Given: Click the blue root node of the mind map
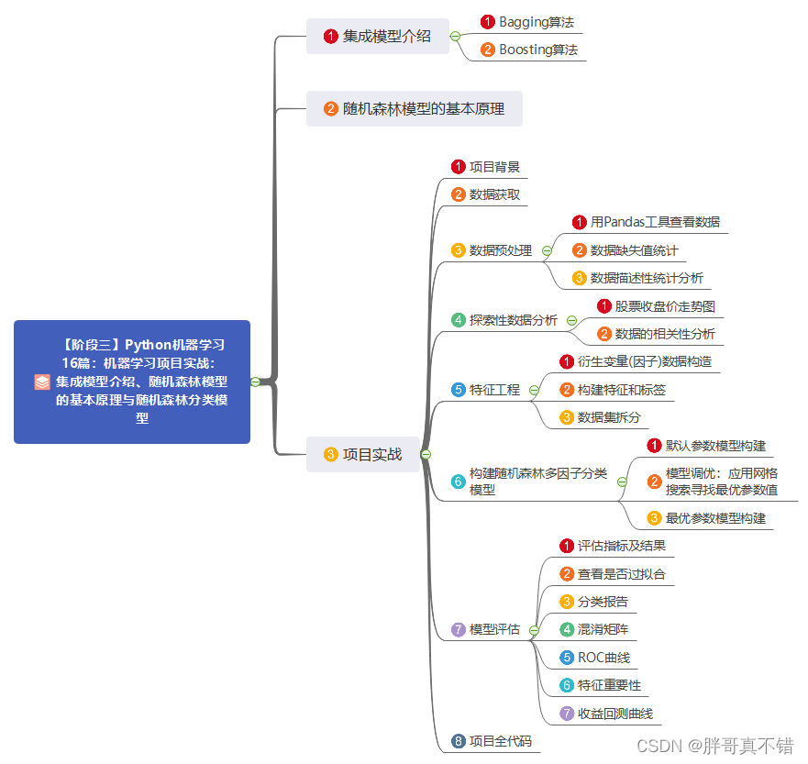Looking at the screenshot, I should (x=132, y=382).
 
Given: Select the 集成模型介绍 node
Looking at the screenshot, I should (x=378, y=37).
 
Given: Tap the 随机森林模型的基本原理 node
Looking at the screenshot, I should (x=414, y=108).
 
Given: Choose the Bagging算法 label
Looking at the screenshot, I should (x=537, y=22).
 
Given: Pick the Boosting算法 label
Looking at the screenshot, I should (x=538, y=50).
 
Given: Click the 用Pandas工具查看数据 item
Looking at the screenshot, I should (x=655, y=221).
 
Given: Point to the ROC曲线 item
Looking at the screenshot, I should (x=603, y=657).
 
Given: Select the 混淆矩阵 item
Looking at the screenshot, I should (x=603, y=629).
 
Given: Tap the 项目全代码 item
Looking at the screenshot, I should (x=500, y=741).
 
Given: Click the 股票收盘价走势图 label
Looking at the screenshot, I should (x=665, y=305).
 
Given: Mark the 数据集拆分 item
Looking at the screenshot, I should (x=609, y=417).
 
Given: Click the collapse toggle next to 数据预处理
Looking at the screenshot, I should (x=548, y=250).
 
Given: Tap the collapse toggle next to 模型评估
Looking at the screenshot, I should (x=534, y=630).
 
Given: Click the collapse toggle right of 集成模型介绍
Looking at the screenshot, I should (x=455, y=37).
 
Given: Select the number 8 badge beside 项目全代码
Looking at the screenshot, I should (x=459, y=741).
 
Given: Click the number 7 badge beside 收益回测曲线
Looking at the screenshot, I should (x=567, y=714).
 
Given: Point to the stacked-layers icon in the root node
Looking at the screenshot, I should (x=42, y=382).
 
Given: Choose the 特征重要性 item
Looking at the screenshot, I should (x=609, y=685).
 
